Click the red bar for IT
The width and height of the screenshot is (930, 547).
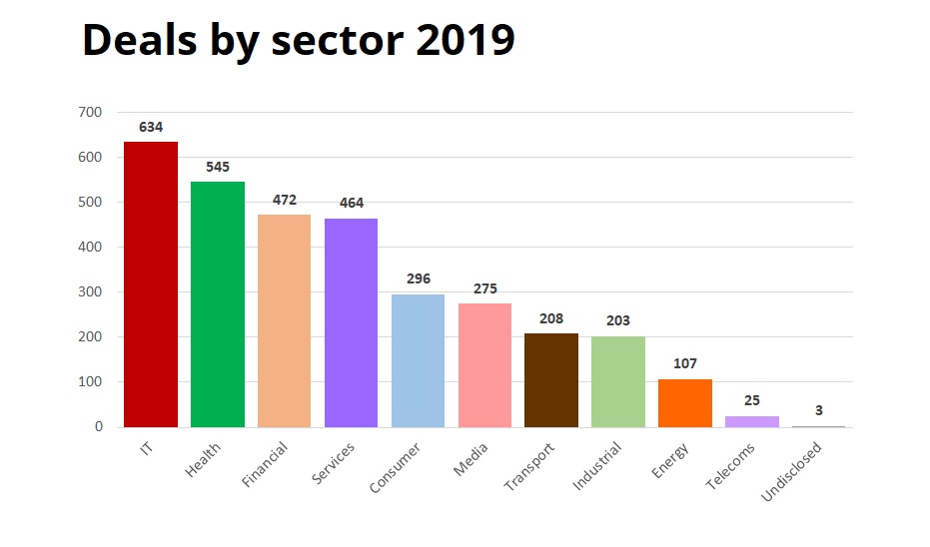tap(151, 284)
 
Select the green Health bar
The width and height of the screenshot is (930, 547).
tap(218, 304)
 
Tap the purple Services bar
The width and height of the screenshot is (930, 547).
tap(352, 322)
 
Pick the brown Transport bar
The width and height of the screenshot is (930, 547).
tap(551, 380)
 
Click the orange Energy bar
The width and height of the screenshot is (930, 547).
tap(685, 403)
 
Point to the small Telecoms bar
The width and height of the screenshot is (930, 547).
tap(752, 421)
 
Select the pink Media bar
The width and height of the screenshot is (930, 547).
tap(484, 365)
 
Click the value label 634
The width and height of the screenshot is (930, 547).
tap(151, 128)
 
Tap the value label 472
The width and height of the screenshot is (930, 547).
tap(285, 201)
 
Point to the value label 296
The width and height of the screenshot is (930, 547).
tap(419, 279)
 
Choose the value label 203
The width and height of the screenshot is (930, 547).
tap(618, 321)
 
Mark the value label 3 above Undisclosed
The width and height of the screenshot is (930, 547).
tap(819, 411)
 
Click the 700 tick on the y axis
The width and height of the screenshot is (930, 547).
tap(90, 113)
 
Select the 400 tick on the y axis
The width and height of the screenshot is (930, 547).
tap(90, 248)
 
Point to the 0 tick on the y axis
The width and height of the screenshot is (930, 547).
tap(99, 427)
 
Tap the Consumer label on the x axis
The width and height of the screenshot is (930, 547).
tap(396, 467)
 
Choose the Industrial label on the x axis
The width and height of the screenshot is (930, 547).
tap(598, 465)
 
